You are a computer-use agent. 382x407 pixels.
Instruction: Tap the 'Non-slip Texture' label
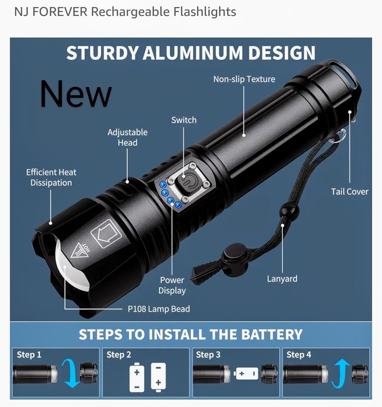click(244, 79)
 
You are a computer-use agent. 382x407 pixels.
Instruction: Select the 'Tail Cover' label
click(349, 191)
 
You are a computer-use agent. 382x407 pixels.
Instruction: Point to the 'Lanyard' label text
click(282, 279)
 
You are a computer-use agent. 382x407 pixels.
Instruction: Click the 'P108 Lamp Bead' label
click(159, 309)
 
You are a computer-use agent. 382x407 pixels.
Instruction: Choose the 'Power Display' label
click(172, 285)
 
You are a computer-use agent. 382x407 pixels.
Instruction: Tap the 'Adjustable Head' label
click(127, 137)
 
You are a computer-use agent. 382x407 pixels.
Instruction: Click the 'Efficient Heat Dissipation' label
click(51, 177)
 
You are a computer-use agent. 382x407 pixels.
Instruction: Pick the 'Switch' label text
click(184, 120)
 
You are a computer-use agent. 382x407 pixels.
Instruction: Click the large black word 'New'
click(76, 94)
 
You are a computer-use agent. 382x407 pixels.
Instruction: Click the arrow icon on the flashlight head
click(106, 234)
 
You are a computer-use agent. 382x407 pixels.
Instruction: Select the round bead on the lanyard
click(289, 210)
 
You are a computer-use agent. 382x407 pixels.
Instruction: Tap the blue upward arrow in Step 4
click(340, 373)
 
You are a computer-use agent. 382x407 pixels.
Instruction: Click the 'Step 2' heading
click(118, 355)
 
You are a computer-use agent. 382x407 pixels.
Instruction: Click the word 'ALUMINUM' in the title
click(193, 53)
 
